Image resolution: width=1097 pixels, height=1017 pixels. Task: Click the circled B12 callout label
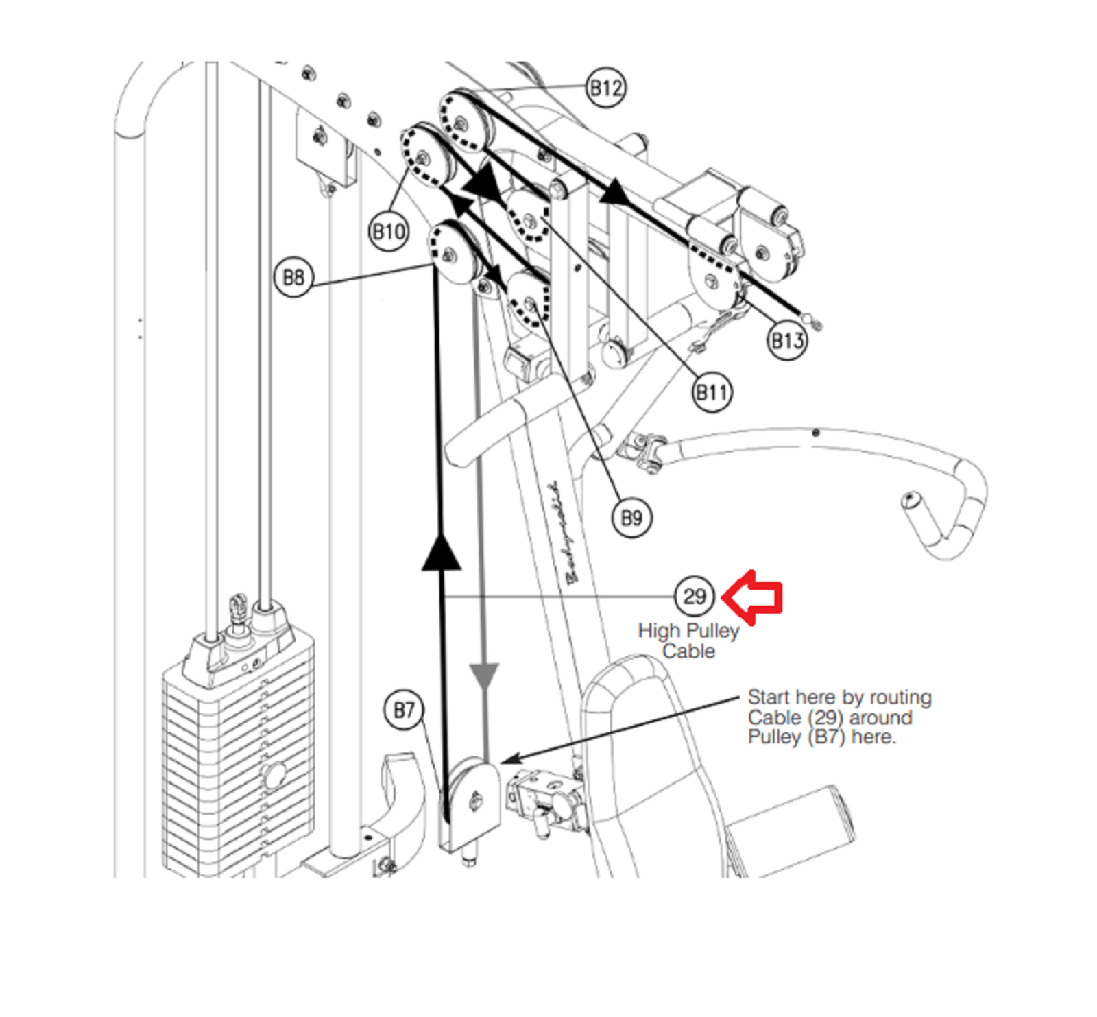point(606,88)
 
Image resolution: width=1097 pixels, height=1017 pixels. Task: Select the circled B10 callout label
point(389,232)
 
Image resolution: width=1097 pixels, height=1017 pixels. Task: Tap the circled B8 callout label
point(293,277)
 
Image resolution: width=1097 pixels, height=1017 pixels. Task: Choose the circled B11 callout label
point(711,393)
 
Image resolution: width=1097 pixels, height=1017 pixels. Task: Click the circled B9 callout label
point(631,518)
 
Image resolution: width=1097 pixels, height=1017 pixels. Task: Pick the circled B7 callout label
point(404,710)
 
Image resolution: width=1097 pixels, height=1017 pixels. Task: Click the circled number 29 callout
point(694,597)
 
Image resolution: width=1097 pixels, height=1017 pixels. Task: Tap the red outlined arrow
point(752,597)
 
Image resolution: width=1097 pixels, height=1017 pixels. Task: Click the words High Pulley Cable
point(688,641)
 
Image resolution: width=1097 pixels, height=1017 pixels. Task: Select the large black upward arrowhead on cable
point(441,552)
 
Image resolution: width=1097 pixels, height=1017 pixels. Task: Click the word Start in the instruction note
point(768,697)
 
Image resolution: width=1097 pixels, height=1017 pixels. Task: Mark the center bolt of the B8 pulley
point(448,256)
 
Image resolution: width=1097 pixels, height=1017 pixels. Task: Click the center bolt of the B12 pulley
point(461,124)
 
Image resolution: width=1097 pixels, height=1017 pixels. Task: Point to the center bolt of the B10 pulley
point(421,158)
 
